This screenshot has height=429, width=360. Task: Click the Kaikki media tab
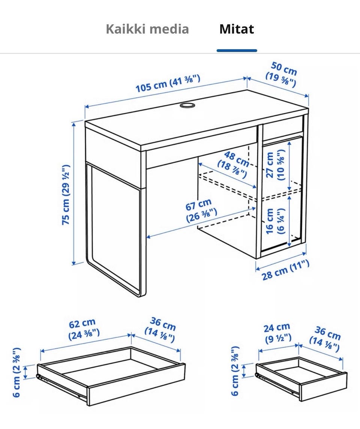point(147,29)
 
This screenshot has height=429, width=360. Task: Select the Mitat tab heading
point(237,29)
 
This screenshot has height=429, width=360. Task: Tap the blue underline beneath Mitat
point(237,50)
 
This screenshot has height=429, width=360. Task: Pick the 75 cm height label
point(66,195)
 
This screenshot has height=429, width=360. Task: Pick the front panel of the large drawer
point(136,384)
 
